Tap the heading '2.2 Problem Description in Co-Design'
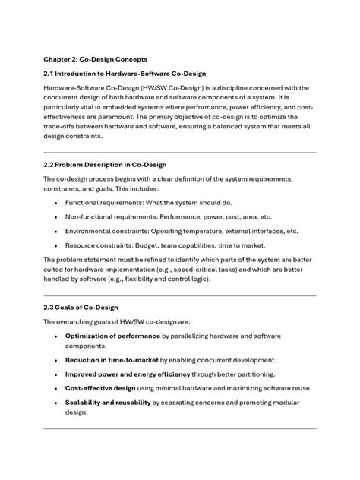105,164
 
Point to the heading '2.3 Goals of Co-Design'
81,307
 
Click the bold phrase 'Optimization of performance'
112,335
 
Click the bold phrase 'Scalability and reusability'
107,403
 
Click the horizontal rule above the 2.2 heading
179,152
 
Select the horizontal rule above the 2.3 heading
179,295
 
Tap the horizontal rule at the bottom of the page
179,428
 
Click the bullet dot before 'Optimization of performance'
56,335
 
